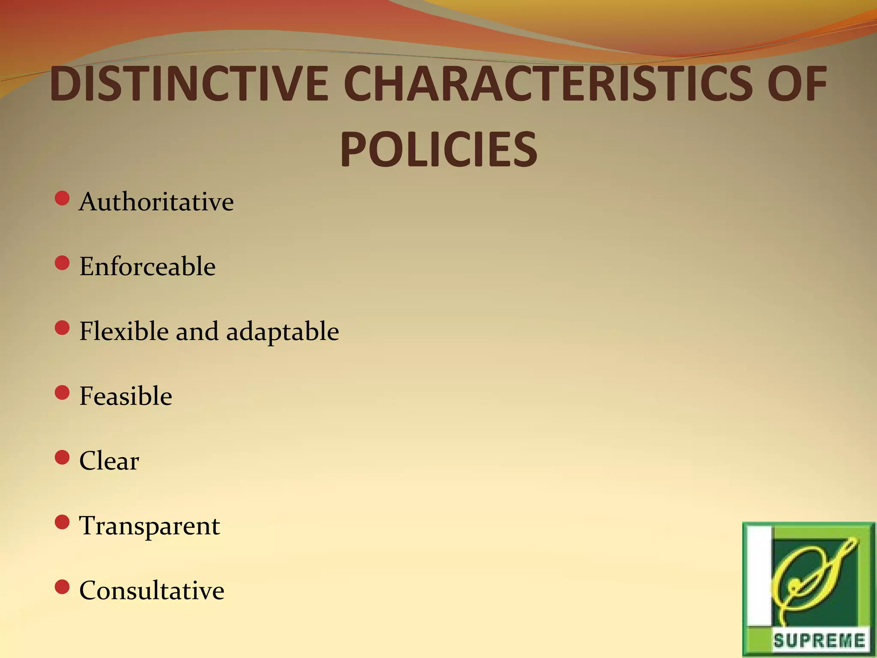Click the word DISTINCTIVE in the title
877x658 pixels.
pos(189,84)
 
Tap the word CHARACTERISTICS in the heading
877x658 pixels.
pos(547,84)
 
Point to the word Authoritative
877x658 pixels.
pos(156,202)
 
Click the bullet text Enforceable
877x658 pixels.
pos(147,266)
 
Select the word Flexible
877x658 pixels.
pos(124,331)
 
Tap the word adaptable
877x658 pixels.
pos(283,332)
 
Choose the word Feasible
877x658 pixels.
pos(125,396)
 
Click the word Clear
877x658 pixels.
pos(109,461)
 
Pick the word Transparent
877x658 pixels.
pos(149,526)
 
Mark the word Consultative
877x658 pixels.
pos(152,591)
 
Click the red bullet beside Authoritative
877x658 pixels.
pos(63,199)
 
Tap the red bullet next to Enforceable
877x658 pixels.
pos(63,263)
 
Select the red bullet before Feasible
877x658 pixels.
pos(63,393)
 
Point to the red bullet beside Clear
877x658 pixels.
pos(63,458)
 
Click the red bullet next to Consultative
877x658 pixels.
pos(63,587)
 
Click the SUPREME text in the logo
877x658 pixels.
pos(819,641)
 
